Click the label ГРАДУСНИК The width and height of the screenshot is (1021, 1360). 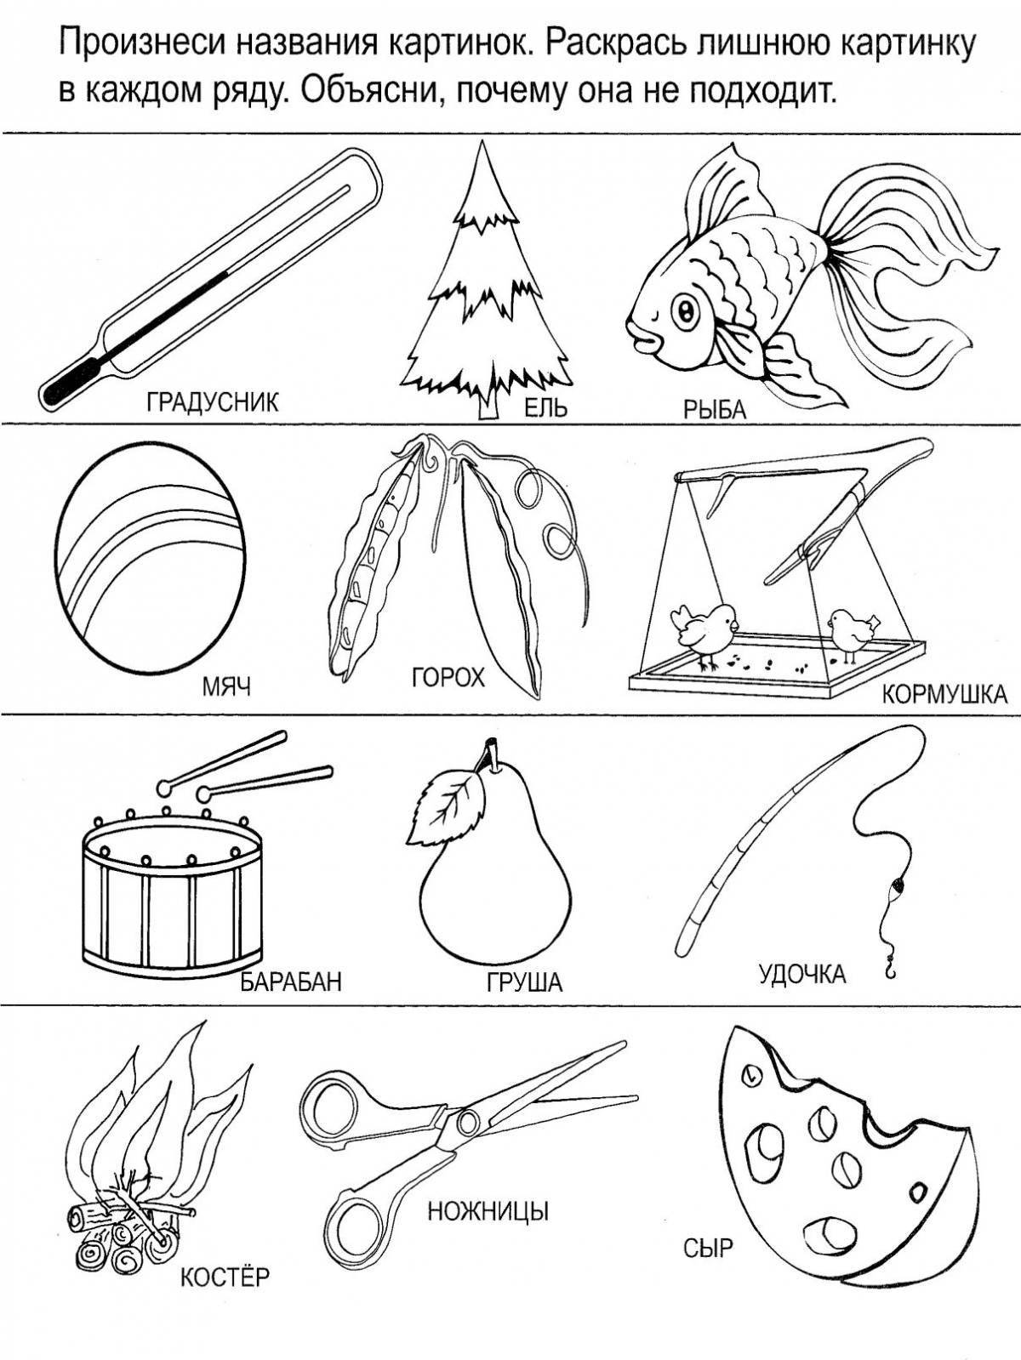tap(213, 401)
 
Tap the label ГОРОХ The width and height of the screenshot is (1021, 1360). tap(448, 678)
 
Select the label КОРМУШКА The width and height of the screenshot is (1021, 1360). tap(944, 695)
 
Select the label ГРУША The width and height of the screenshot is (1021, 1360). tap(525, 983)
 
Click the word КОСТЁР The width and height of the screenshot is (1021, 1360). tap(225, 1276)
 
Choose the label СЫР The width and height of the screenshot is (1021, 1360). tap(708, 1249)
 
